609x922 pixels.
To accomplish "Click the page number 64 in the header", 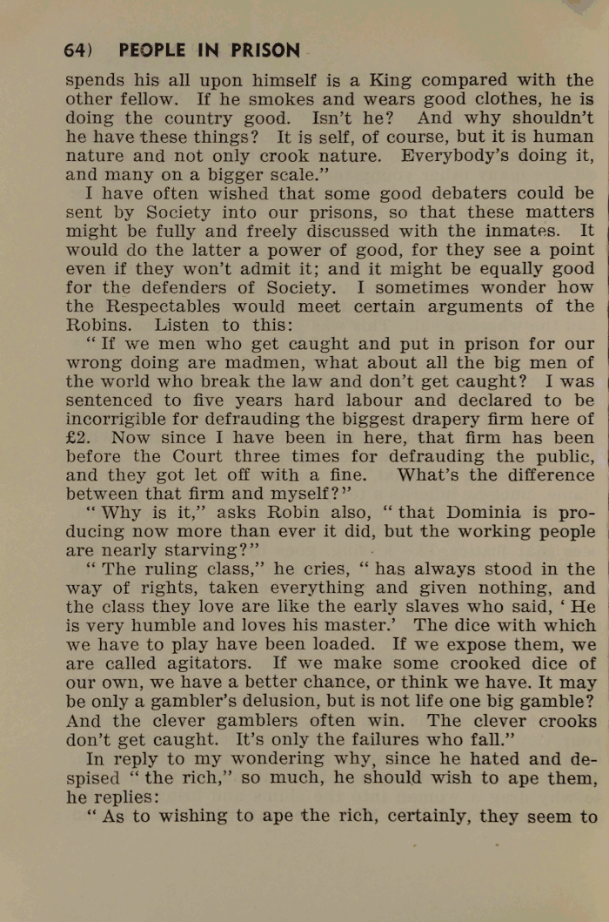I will click(75, 50).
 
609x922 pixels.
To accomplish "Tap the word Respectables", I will click(163, 306).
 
